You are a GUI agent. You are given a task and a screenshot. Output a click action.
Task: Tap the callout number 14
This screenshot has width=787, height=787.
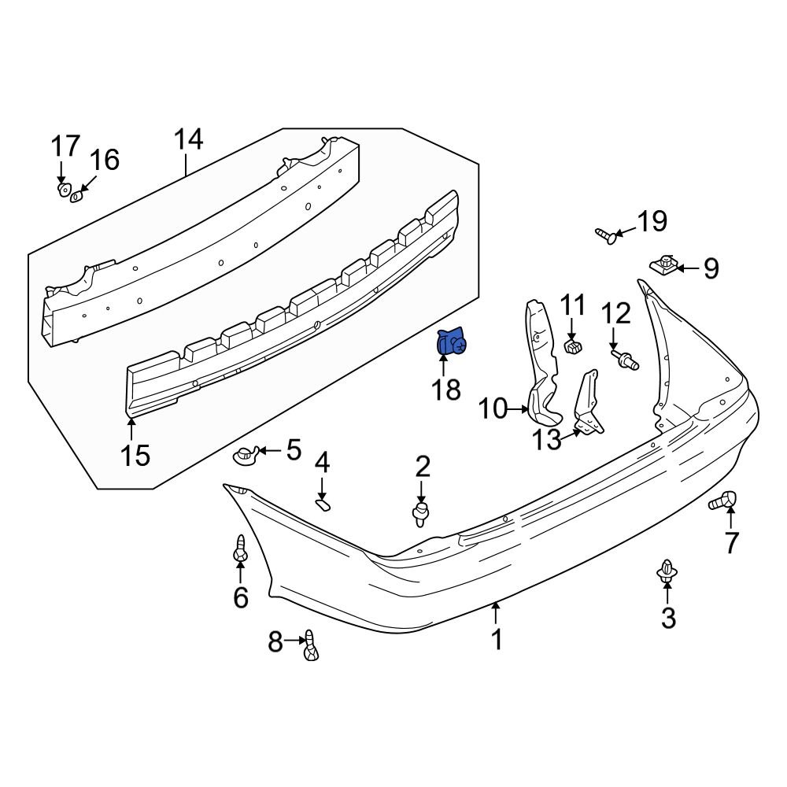(188, 140)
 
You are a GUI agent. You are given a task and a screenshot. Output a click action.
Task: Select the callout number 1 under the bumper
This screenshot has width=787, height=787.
(497, 640)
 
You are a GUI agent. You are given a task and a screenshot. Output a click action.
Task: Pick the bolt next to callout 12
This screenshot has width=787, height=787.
(626, 360)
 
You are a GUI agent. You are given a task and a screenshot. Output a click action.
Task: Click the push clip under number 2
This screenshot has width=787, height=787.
(423, 515)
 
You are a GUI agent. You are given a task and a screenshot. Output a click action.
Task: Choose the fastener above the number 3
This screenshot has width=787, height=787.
(667, 572)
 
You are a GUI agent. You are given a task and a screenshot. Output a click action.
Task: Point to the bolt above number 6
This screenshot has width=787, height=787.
(240, 549)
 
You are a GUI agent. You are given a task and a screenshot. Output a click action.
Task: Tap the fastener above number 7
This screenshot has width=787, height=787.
(723, 499)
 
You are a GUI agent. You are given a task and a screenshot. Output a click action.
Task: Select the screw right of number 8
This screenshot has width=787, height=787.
(311, 646)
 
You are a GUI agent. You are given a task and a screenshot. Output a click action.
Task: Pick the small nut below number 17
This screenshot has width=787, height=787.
(62, 190)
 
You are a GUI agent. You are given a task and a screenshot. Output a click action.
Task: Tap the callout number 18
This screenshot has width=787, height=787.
(446, 388)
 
